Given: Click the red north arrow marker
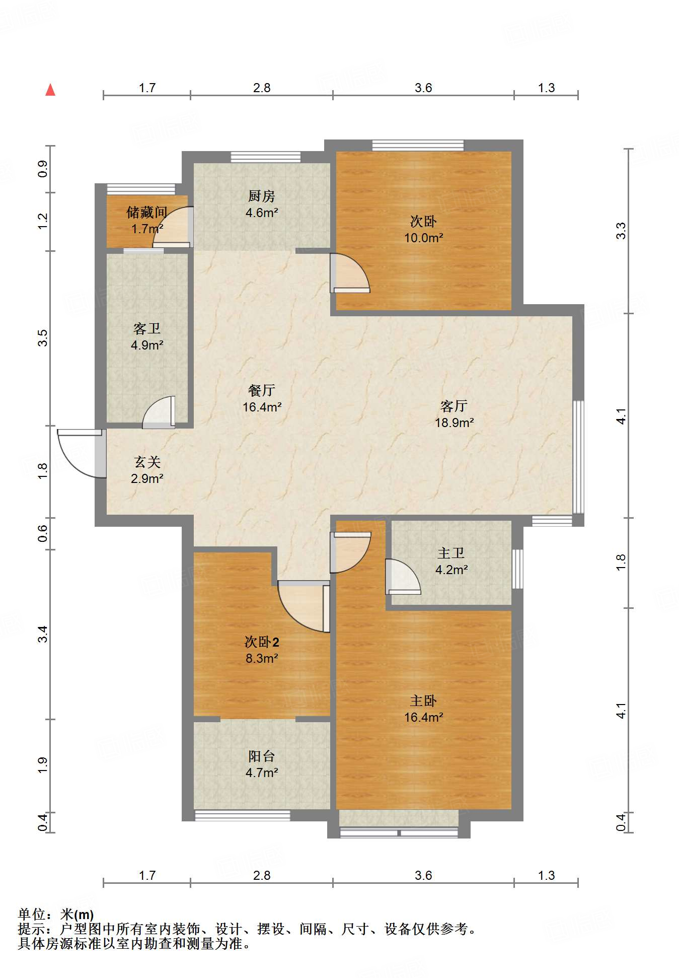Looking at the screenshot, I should click(x=50, y=90).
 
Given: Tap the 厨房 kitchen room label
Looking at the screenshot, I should click(x=261, y=195).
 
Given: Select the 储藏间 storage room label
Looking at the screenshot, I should click(x=146, y=212).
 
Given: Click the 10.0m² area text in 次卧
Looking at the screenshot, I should click(x=423, y=238).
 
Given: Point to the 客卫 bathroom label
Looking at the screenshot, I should click(x=147, y=329).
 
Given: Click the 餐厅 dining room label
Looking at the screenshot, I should click(x=262, y=390).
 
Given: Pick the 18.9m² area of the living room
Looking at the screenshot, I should click(x=454, y=423).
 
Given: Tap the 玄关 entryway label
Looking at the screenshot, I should click(x=147, y=462).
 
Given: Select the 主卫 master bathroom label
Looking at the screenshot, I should click(x=451, y=553).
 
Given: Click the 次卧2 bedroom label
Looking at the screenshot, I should click(x=262, y=642).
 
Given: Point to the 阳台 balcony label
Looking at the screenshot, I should click(x=262, y=756).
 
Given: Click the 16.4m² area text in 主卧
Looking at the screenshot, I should click(x=423, y=717).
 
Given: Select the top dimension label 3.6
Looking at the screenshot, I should click(x=423, y=88).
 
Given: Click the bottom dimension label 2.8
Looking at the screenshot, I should click(x=262, y=875).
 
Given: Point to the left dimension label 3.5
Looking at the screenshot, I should click(x=43, y=337).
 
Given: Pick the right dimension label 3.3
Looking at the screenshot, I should click(x=621, y=230).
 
